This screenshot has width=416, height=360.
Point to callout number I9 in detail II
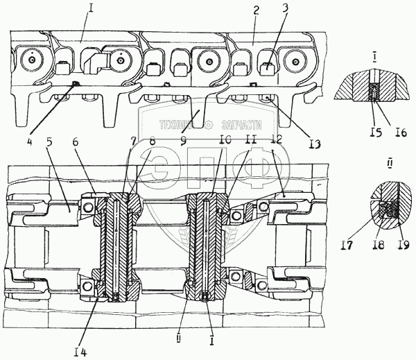tap(404, 245)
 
